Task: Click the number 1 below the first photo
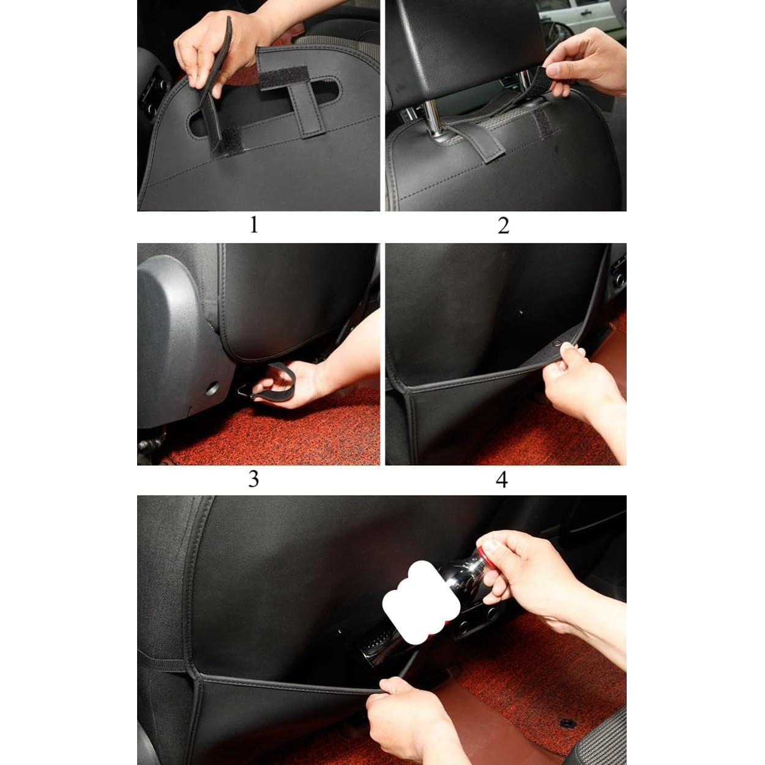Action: pos(254,225)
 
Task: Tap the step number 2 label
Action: pos(503,226)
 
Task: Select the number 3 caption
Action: pos(253,479)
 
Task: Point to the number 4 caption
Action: pos(502,479)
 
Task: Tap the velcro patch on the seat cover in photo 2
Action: pos(542,125)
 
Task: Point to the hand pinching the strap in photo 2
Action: pos(588,61)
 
